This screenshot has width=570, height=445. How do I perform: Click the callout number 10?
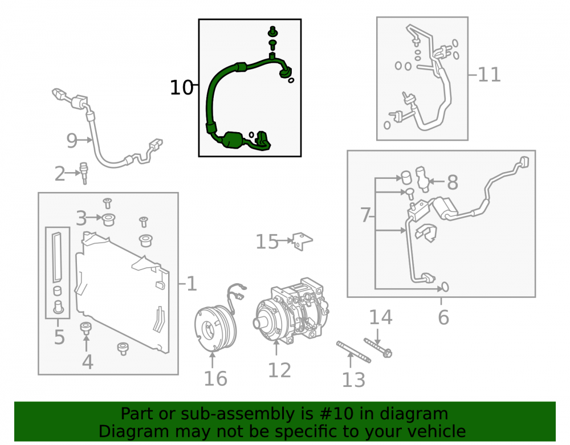[x=181, y=88]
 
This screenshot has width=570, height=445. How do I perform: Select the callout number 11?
[x=489, y=75]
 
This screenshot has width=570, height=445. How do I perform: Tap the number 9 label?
[x=72, y=141]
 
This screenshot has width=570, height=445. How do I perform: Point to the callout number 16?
[x=215, y=378]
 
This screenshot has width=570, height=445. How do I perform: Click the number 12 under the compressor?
[x=279, y=370]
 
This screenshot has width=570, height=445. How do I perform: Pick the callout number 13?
[x=353, y=380]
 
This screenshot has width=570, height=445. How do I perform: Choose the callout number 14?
[x=381, y=317]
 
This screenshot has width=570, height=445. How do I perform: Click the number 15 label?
[x=267, y=242]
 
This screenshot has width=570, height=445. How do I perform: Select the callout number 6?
[x=443, y=317]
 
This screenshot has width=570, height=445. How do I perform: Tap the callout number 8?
[x=453, y=182]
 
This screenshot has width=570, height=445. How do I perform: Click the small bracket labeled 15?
[x=302, y=241]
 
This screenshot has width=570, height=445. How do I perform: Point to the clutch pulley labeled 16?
[x=215, y=328]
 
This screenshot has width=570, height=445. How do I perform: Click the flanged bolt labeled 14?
[x=378, y=348]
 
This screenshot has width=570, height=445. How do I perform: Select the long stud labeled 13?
[x=354, y=352]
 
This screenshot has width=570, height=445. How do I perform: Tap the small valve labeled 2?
[x=84, y=173]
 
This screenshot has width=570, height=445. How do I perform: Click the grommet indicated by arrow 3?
[x=108, y=220]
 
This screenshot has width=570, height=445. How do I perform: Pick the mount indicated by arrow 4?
[x=86, y=328]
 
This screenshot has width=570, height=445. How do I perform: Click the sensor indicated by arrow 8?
[x=422, y=179]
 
